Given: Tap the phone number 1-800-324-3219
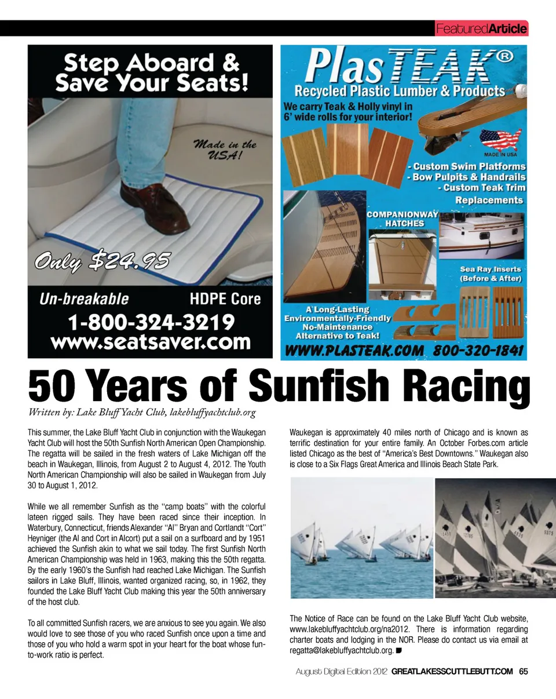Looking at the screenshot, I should click(x=151, y=321).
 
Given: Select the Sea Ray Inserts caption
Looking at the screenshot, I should click(x=491, y=274).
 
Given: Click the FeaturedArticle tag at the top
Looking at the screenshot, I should click(x=480, y=28).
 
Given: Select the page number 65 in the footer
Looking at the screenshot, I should click(x=522, y=671).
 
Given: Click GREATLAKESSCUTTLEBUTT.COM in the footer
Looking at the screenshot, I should click(x=452, y=671).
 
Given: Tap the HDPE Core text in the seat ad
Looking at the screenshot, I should click(x=225, y=299).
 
